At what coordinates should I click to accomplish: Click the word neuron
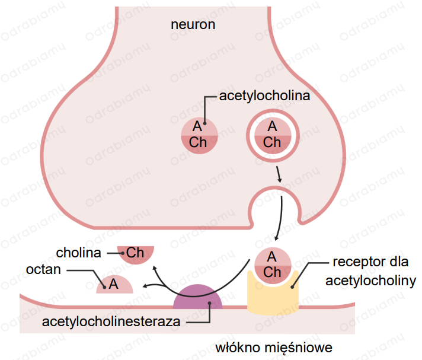193,24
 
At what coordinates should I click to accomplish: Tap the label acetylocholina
264,96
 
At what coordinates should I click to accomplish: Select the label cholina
78,253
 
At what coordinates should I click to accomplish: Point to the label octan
43,269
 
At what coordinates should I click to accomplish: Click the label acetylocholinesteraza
111,321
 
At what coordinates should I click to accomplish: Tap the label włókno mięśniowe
274,348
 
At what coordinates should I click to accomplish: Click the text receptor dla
370,262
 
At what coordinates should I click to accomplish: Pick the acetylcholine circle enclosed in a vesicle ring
273,135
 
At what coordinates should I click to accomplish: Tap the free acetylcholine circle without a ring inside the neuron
199,135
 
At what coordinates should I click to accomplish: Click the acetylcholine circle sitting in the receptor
273,266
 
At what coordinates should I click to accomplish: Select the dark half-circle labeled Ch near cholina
136,253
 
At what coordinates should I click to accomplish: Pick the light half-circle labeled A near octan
114,285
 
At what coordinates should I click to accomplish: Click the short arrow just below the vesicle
279,174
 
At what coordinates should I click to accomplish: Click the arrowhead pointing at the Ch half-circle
155,267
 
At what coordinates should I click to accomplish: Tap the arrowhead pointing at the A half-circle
145,286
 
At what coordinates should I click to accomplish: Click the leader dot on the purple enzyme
209,303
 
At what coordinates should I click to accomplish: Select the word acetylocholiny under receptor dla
370,281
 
